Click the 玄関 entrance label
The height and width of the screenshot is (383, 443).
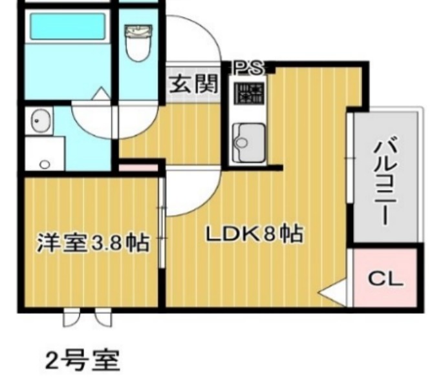coord(193,84)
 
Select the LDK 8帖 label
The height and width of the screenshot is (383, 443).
coord(254,234)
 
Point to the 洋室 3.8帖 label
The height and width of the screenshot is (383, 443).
coord(92,244)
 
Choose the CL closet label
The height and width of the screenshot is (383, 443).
coord(385,280)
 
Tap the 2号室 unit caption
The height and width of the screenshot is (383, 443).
coord(82,359)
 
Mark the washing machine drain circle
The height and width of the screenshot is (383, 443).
coord(45,165)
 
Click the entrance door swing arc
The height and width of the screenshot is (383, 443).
coord(194,39)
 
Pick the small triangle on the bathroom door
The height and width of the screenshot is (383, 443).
coord(100,94)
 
